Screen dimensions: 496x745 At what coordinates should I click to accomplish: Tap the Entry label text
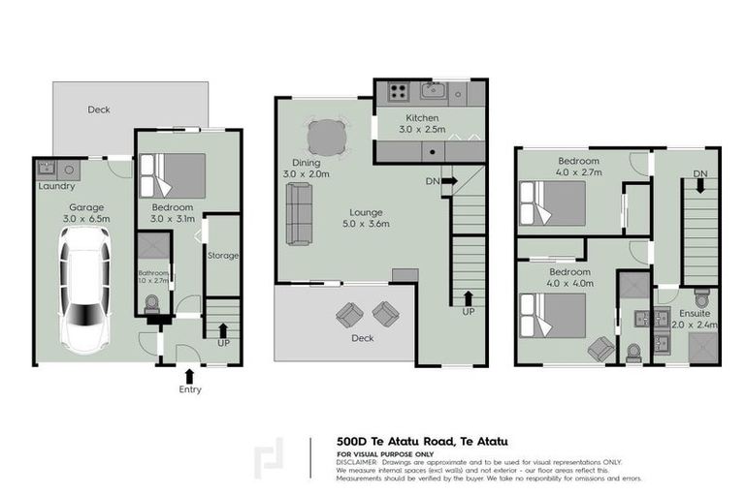189,389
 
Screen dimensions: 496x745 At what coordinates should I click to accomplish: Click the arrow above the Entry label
189,373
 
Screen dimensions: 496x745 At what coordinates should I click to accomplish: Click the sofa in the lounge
299,213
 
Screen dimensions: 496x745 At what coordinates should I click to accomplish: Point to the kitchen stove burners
398,93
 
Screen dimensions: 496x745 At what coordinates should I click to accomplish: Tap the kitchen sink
434,93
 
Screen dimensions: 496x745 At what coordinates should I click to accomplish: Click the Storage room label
223,256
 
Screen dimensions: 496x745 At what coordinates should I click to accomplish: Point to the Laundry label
56,186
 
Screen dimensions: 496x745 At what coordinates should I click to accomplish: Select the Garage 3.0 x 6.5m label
84,213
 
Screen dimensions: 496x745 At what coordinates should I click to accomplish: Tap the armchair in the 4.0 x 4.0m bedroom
599,347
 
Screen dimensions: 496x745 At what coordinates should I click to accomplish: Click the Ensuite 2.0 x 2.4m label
696,320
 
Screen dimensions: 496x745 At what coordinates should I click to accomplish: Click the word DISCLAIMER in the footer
358,463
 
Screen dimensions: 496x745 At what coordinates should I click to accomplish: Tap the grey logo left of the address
271,458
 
